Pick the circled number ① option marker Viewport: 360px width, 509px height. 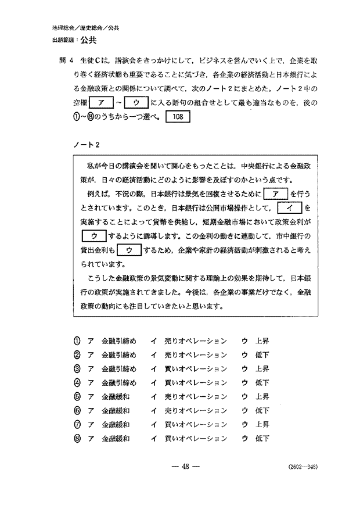[77, 340]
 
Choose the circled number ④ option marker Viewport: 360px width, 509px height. [77, 382]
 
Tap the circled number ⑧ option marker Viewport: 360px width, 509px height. [77, 438]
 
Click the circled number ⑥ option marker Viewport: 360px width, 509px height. [77, 410]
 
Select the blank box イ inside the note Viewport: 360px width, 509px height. [288, 207]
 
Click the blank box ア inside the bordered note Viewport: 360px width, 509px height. [276, 193]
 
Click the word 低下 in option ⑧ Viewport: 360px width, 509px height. [262, 438]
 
